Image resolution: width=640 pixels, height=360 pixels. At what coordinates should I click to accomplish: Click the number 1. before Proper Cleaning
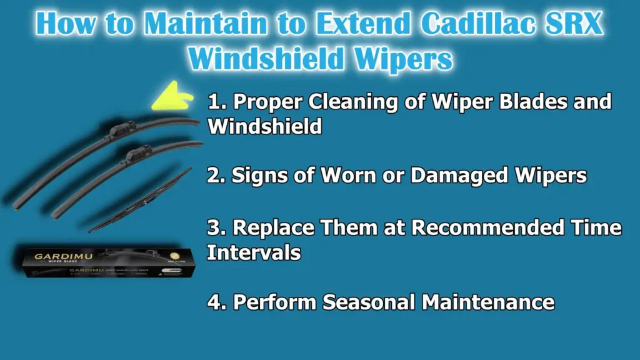pyautogui.click(x=216, y=102)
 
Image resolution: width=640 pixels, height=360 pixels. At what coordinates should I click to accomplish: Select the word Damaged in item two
pyautogui.click(x=437, y=176)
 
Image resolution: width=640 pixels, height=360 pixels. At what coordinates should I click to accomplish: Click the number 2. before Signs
pyautogui.click(x=216, y=176)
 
